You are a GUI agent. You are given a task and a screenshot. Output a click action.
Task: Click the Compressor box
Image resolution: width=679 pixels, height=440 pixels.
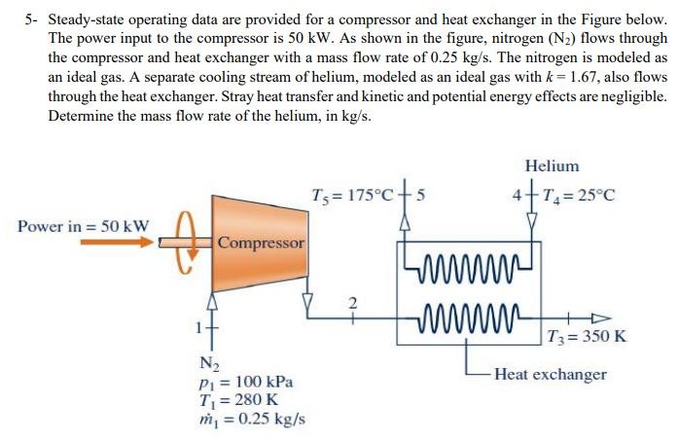tap(261, 240)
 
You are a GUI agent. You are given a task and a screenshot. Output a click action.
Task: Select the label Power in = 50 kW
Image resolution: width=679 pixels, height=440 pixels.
tap(84, 226)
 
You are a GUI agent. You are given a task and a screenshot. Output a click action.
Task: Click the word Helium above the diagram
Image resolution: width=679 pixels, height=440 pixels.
tap(551, 166)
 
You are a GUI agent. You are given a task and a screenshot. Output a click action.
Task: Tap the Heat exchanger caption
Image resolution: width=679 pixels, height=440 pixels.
tap(550, 374)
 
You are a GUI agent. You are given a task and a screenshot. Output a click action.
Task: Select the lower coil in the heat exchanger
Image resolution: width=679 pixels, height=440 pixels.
tap(468, 315)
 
